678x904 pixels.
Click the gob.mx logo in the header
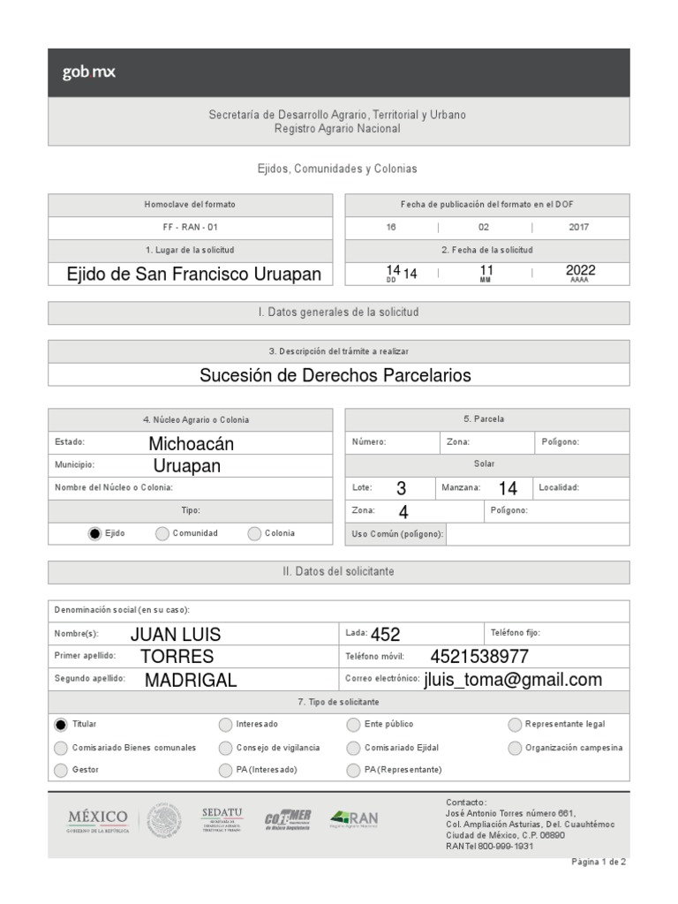[x=88, y=72]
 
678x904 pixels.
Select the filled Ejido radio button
[x=94, y=533]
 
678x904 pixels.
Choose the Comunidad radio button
[x=162, y=533]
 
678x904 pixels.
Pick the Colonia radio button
[x=254, y=533]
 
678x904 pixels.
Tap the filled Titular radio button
[x=60, y=725]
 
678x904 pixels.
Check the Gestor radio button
[x=60, y=770]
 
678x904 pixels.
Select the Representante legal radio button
[x=515, y=725]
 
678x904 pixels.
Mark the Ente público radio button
[x=354, y=725]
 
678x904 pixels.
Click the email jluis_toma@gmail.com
[x=513, y=679]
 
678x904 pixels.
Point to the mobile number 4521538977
[x=479, y=657]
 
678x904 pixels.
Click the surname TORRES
[x=177, y=657]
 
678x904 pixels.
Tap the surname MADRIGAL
[x=191, y=680]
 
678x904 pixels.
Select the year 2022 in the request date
[x=580, y=271]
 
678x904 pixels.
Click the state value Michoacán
[x=192, y=443]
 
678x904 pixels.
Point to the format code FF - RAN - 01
[x=190, y=228]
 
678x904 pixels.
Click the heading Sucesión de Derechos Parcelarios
[x=335, y=375]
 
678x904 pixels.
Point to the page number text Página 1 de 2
[x=599, y=863]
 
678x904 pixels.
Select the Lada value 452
[x=386, y=634]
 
